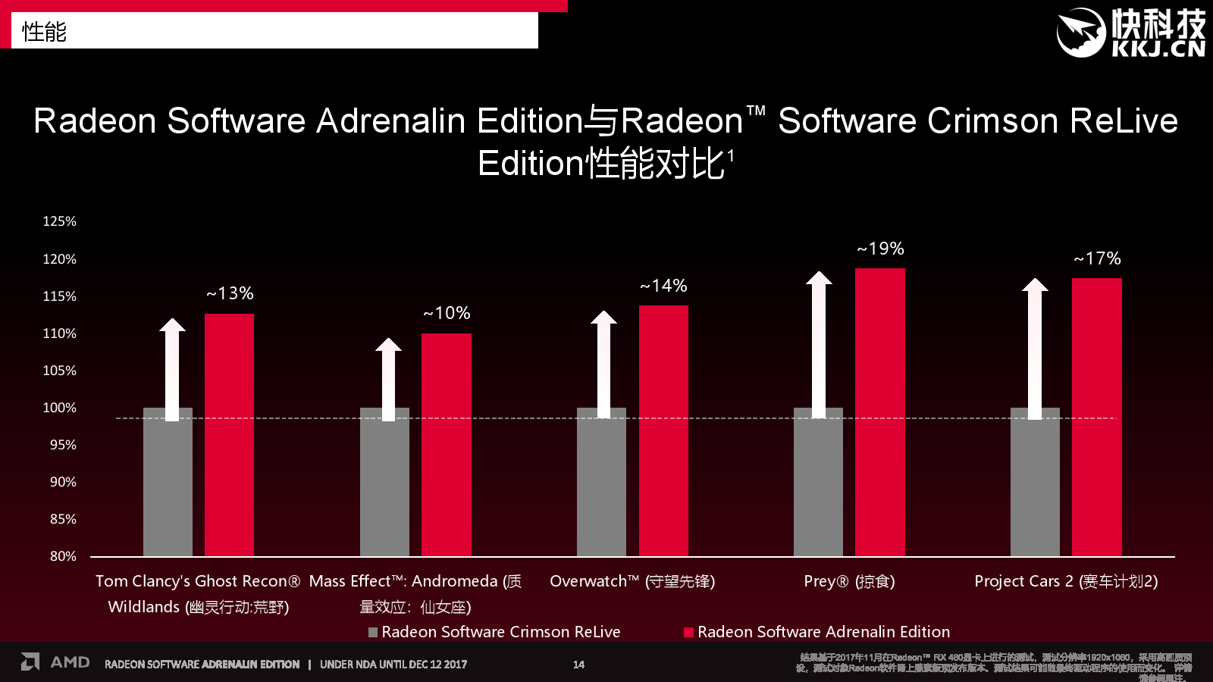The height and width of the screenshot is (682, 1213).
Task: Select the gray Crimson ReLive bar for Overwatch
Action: point(601,485)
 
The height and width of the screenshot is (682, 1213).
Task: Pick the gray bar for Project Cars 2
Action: point(1035,485)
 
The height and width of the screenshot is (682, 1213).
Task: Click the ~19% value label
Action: point(880,249)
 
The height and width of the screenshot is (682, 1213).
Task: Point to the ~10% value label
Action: point(447,313)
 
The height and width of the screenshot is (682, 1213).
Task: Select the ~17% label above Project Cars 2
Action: point(1097,258)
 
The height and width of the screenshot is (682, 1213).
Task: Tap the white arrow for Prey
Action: point(819,345)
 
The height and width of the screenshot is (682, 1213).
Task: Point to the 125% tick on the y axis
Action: point(59,221)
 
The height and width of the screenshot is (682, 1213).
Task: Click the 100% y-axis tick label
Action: point(59,408)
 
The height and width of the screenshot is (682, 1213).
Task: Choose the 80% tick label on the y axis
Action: point(63,556)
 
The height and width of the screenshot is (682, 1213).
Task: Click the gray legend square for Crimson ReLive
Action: point(373,632)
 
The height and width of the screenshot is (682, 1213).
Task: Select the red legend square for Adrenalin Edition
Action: point(688,632)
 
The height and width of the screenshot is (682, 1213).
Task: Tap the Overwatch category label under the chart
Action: point(632,581)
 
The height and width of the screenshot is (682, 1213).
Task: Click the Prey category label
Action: point(849,581)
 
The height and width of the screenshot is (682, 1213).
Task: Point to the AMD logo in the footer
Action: point(55,662)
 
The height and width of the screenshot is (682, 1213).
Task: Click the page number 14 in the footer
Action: point(578,665)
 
